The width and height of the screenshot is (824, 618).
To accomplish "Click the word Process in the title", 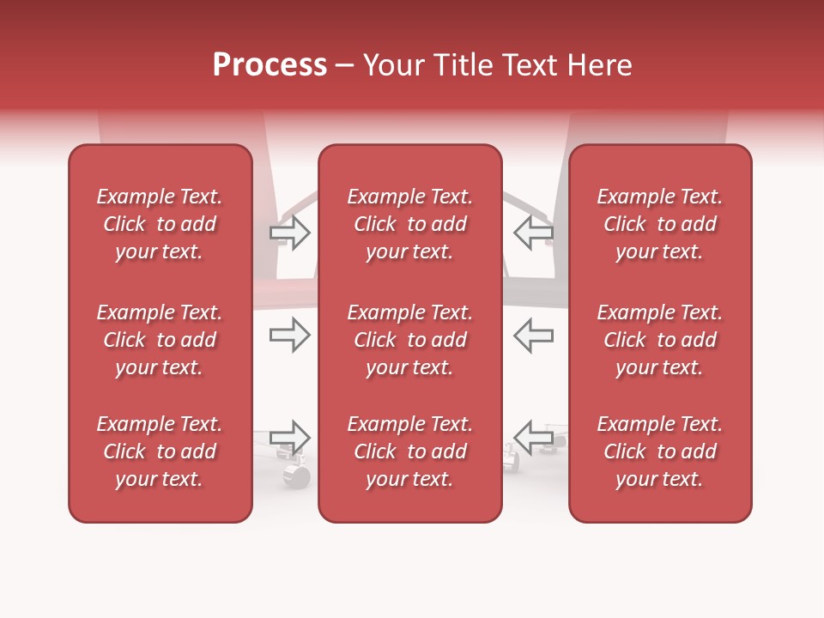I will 270,65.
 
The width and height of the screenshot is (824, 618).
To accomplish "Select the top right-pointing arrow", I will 290,233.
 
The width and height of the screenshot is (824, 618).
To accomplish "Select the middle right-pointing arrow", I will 290,335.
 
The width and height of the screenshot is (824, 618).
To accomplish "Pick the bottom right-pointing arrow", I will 290,437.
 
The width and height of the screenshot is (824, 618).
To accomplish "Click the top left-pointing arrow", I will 533,233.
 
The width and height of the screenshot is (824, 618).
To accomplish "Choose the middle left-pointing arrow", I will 533,335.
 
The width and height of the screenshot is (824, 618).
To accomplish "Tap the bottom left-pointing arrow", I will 533,437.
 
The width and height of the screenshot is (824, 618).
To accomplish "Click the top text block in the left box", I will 160,224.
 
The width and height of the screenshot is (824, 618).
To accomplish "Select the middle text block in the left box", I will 160,340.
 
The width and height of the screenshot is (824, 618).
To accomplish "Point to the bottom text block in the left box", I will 160,451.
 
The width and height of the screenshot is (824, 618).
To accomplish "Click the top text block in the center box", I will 409,224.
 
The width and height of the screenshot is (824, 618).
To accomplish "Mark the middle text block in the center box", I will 409,340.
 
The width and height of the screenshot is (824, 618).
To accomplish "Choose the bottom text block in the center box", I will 409,451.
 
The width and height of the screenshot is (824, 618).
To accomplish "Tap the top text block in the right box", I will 659,224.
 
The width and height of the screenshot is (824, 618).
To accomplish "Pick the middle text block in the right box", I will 659,340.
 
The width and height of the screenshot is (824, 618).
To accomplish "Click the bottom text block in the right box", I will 659,451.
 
